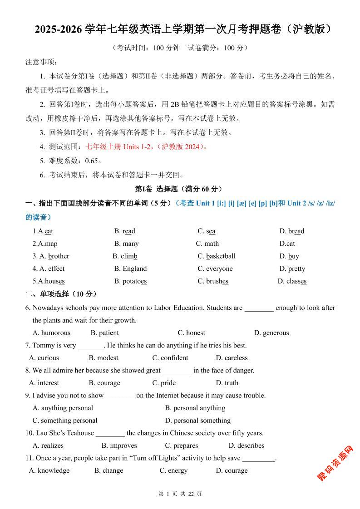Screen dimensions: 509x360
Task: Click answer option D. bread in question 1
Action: coord(291,231)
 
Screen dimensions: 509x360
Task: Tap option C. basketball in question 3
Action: coord(217,256)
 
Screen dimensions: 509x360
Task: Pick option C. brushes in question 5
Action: coord(213,281)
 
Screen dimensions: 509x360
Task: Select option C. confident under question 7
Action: coord(170,357)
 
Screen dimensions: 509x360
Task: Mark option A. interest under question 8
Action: coord(44,382)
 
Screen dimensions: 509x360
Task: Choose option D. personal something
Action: coord(197,420)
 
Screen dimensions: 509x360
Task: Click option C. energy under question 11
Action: coord(173,470)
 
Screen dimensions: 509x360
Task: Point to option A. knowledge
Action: coord(49,470)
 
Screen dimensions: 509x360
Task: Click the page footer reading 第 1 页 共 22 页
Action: coord(180,494)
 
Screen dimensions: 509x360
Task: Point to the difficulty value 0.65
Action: coord(91,161)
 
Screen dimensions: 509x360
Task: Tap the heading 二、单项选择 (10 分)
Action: coord(61,294)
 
